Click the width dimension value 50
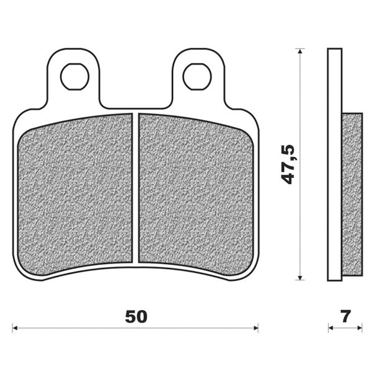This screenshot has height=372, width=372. click(136, 316)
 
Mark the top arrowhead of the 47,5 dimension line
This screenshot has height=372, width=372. click(301, 52)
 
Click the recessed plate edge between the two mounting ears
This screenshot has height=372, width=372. click(136, 107)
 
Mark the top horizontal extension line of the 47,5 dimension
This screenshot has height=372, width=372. click(298, 48)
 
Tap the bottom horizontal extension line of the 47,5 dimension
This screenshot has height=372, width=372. click(298, 281)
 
